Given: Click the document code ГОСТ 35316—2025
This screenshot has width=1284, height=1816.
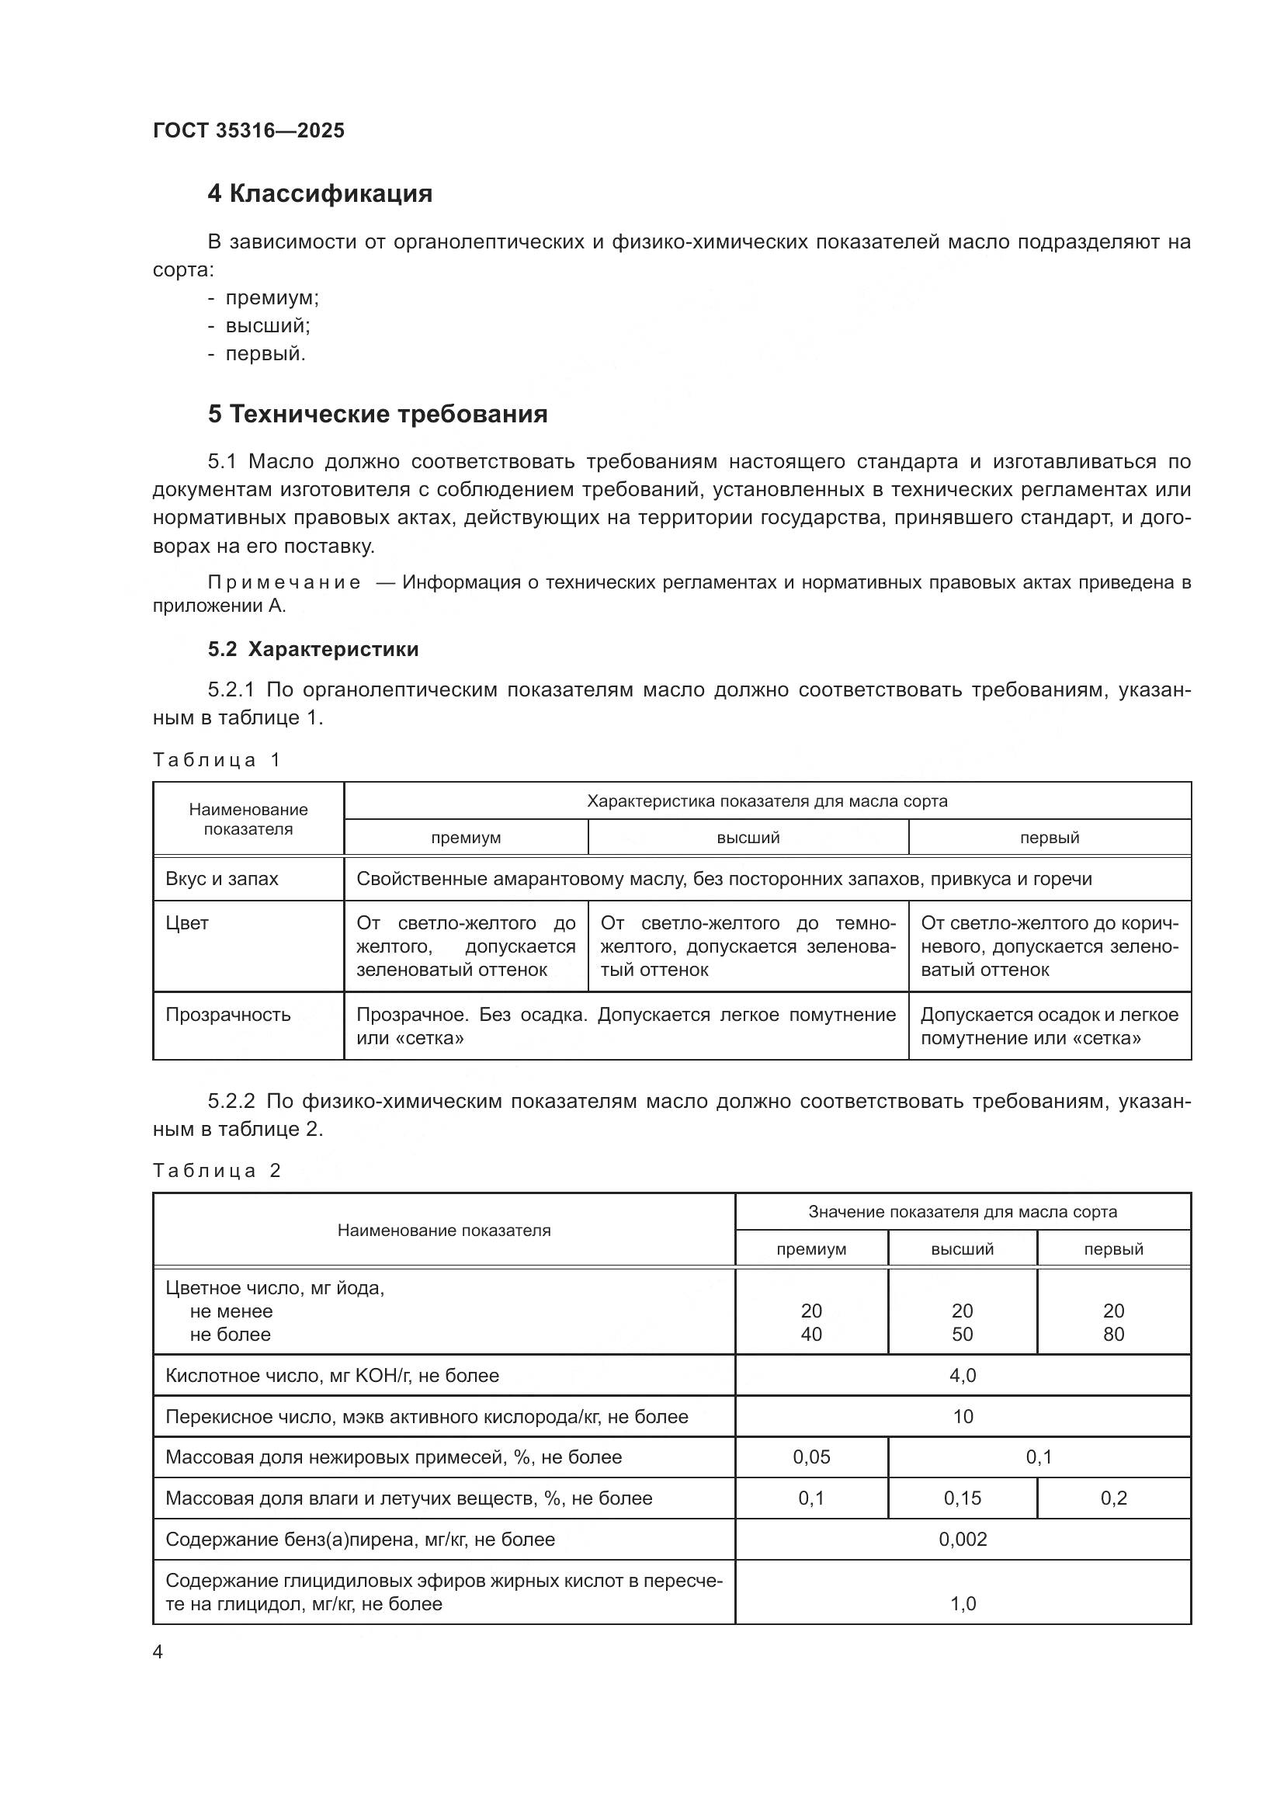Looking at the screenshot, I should coord(248,130).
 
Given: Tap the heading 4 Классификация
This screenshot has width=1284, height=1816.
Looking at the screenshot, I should coord(319,194).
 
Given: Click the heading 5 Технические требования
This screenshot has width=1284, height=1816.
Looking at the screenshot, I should coord(377,415).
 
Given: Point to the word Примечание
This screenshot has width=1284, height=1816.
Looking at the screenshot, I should coord(284,583).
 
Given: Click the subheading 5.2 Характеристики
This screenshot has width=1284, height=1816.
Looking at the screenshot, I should coord(313,649).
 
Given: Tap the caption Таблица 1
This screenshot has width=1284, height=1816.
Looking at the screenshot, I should coord(216,760).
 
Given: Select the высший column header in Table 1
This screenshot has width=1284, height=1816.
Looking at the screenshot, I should coord(748,838).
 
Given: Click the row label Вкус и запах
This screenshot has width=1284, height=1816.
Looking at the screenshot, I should coord(221,879).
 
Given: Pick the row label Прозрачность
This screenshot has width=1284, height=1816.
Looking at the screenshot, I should coord(227,1015).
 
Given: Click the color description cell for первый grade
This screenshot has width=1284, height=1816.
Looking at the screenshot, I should coord(1050,946).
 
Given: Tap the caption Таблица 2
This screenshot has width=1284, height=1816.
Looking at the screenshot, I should coord(216,1171).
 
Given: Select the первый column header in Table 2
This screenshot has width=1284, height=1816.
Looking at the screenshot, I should coord(1113,1249).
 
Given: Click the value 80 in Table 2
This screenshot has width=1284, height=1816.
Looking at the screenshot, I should coord(1113,1335).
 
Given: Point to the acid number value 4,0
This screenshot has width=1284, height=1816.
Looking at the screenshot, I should coord(962,1376).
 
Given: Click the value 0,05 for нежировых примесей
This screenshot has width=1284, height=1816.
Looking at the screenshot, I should coord(811,1457).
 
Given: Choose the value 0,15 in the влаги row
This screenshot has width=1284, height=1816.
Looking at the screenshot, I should coord(962,1498).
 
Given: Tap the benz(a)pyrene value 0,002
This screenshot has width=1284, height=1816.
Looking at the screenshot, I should coord(962,1539).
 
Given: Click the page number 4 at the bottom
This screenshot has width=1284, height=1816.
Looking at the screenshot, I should coord(158,1652).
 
